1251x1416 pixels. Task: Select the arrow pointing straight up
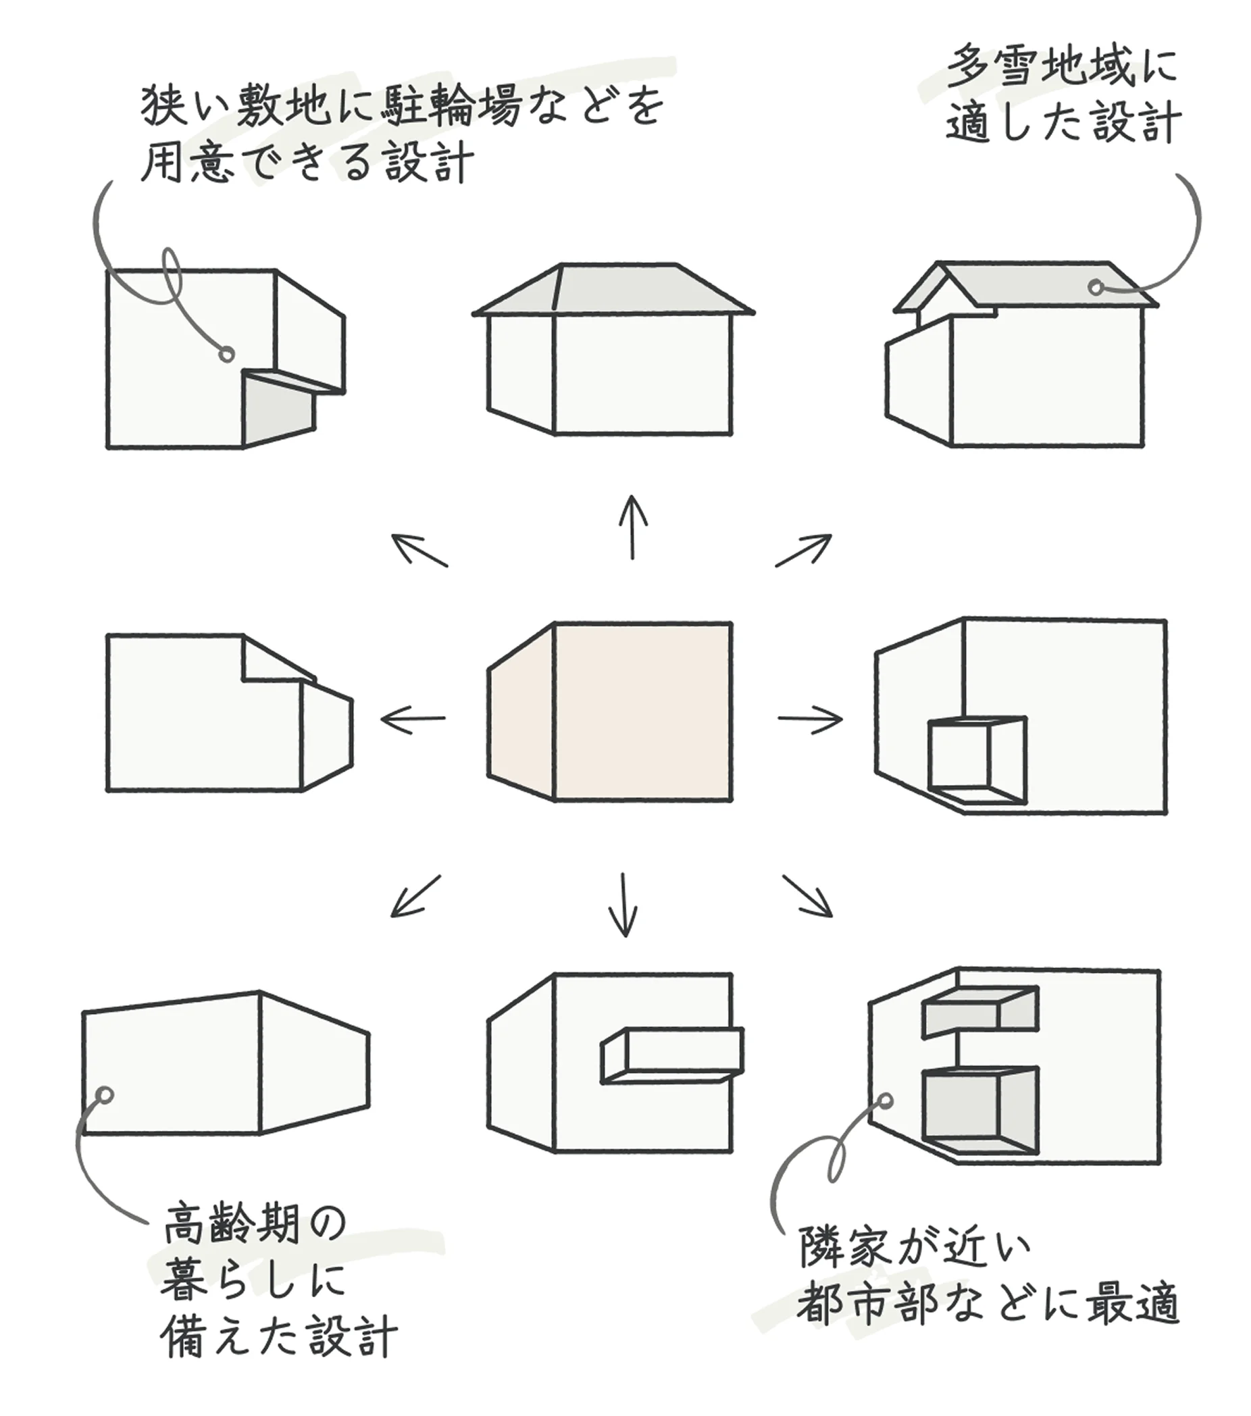pos(632,527)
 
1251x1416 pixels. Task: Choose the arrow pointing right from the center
pos(810,718)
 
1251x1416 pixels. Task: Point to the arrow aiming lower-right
pos(808,896)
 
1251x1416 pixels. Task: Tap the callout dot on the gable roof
pos(1095,287)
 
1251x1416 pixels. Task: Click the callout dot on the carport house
pos(225,354)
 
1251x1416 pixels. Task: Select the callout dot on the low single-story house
pos(105,1095)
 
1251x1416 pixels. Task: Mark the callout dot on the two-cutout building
pos(886,1101)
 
